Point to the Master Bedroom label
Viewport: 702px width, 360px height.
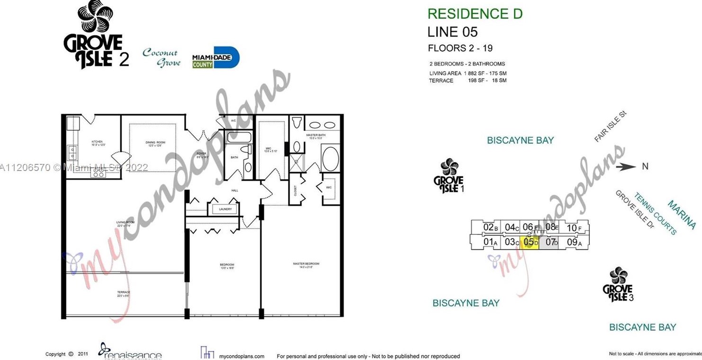pyautogui.click(x=306, y=265)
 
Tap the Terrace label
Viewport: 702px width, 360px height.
pyautogui.click(x=123, y=294)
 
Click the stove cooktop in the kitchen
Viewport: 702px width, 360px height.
pyautogui.click(x=98, y=173)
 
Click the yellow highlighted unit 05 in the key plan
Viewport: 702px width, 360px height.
pyautogui.click(x=530, y=242)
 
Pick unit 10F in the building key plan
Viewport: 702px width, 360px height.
pyautogui.click(x=574, y=228)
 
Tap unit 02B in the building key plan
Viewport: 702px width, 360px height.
pyautogui.click(x=490, y=227)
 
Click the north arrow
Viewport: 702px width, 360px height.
pyautogui.click(x=628, y=166)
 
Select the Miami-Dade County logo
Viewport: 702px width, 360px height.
pyautogui.click(x=216, y=58)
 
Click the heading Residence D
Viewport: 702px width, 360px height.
pyautogui.click(x=475, y=14)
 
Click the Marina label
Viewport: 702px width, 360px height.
pyautogui.click(x=682, y=215)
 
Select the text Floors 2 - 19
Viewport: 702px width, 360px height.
pyautogui.click(x=460, y=48)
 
